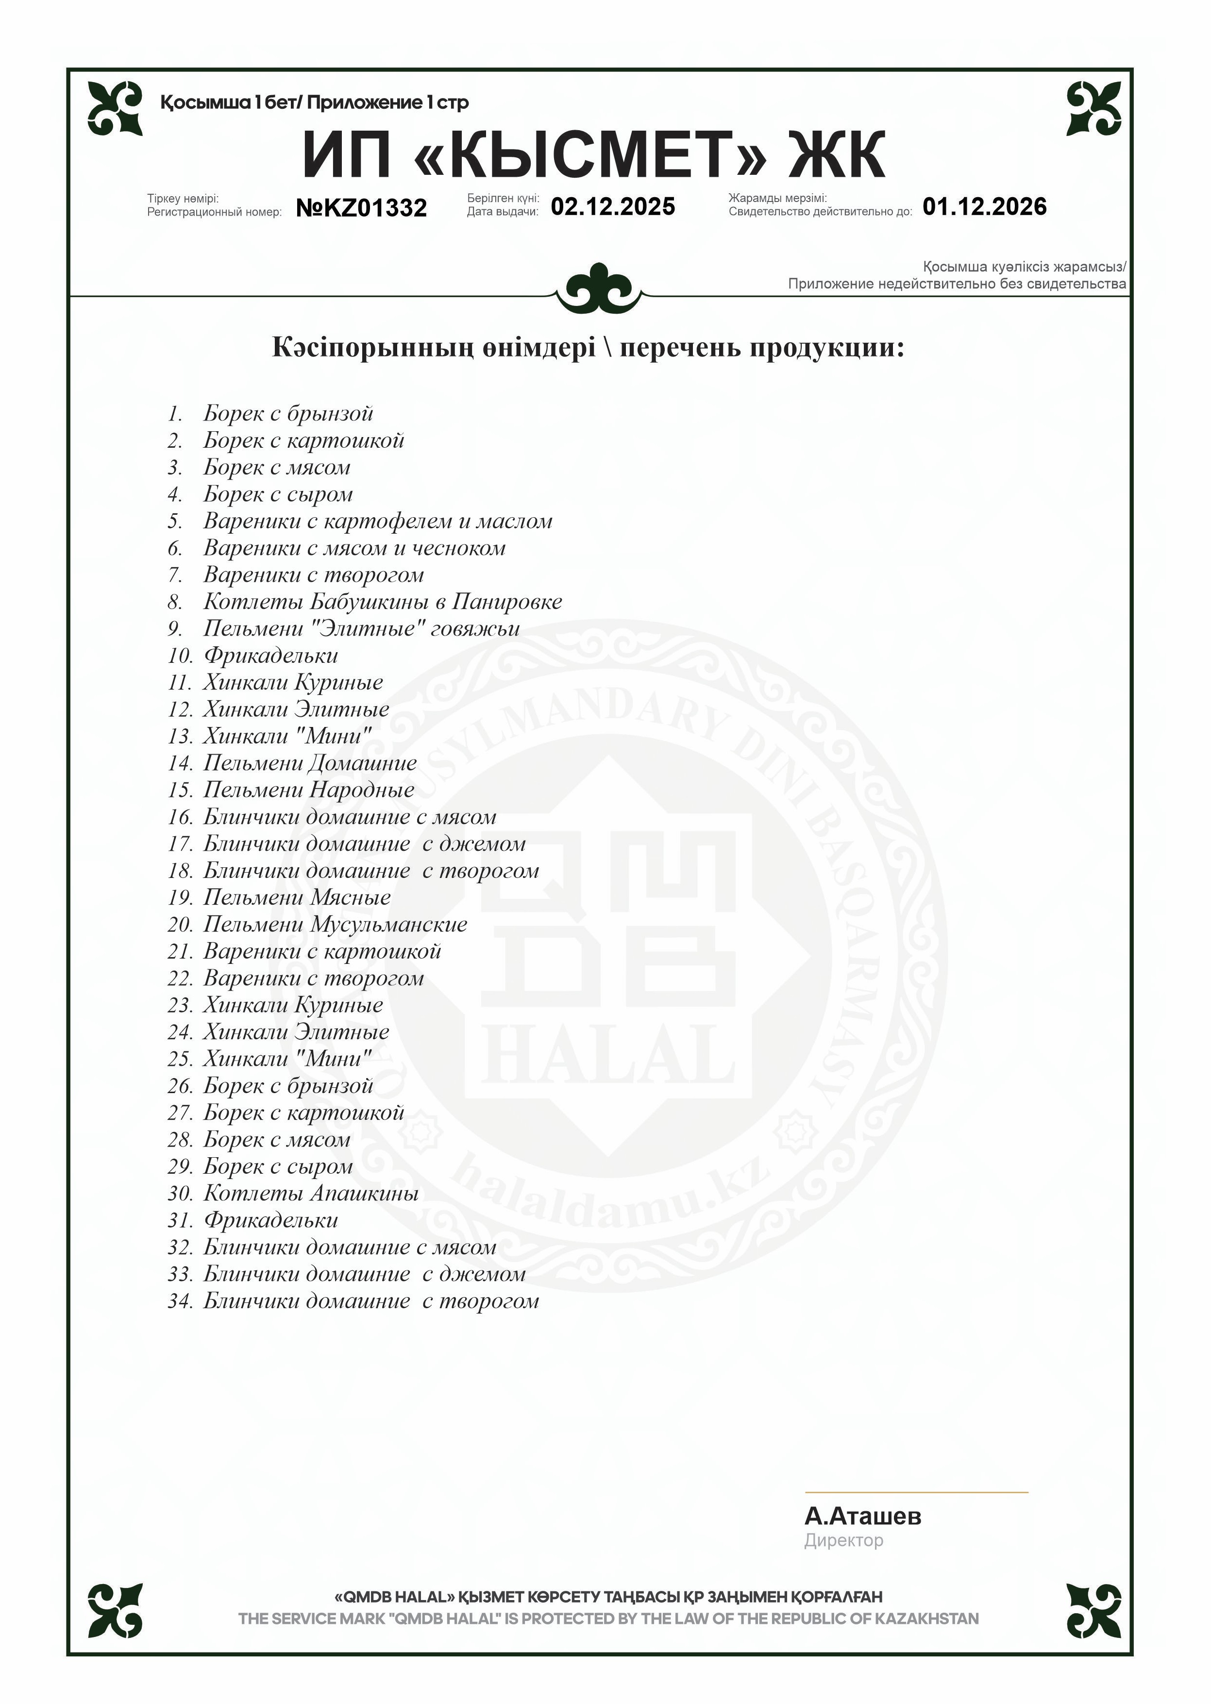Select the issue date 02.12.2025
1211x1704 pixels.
coord(612,206)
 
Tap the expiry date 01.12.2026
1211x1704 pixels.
coord(984,206)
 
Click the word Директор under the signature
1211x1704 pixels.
coord(843,1540)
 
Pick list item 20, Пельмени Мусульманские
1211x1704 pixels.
coord(335,925)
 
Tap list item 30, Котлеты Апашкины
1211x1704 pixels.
coord(311,1193)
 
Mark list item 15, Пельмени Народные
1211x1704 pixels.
coord(309,790)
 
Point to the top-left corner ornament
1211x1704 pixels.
coord(115,108)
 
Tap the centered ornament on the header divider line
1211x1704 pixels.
coord(599,287)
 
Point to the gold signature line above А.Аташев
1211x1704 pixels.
coord(916,1492)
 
